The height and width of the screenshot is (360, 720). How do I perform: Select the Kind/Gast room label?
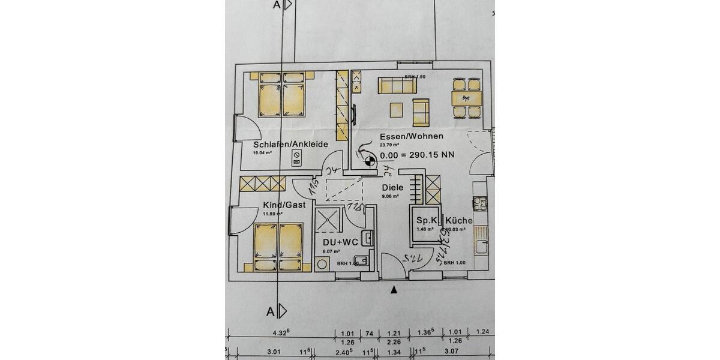click(284, 205)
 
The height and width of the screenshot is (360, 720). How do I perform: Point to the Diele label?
click(393, 187)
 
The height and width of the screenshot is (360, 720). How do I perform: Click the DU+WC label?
click(340, 241)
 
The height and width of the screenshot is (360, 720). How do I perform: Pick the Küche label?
click(459, 220)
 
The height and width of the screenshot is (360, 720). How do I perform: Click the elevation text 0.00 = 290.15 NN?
click(417, 154)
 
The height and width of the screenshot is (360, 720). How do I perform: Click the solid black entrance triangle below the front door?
click(394, 290)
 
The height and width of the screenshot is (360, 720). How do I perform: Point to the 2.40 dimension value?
click(342, 352)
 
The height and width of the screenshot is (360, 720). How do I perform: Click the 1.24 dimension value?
click(482, 332)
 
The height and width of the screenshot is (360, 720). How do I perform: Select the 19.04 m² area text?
click(262, 153)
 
